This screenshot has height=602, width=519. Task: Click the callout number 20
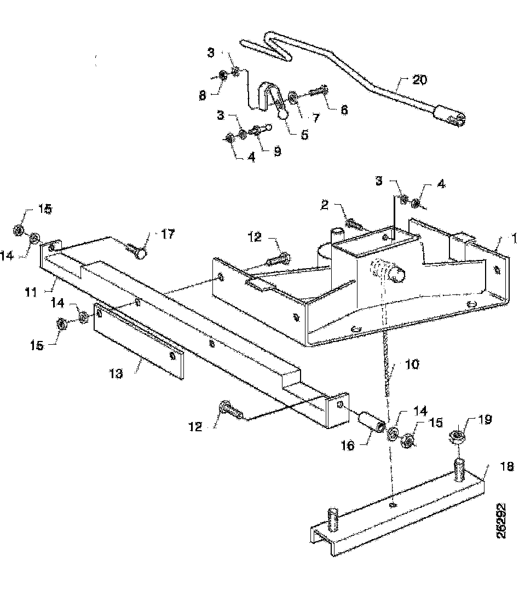(x=419, y=80)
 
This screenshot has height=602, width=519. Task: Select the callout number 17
(x=168, y=234)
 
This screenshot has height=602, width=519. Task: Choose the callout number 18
(x=507, y=466)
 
